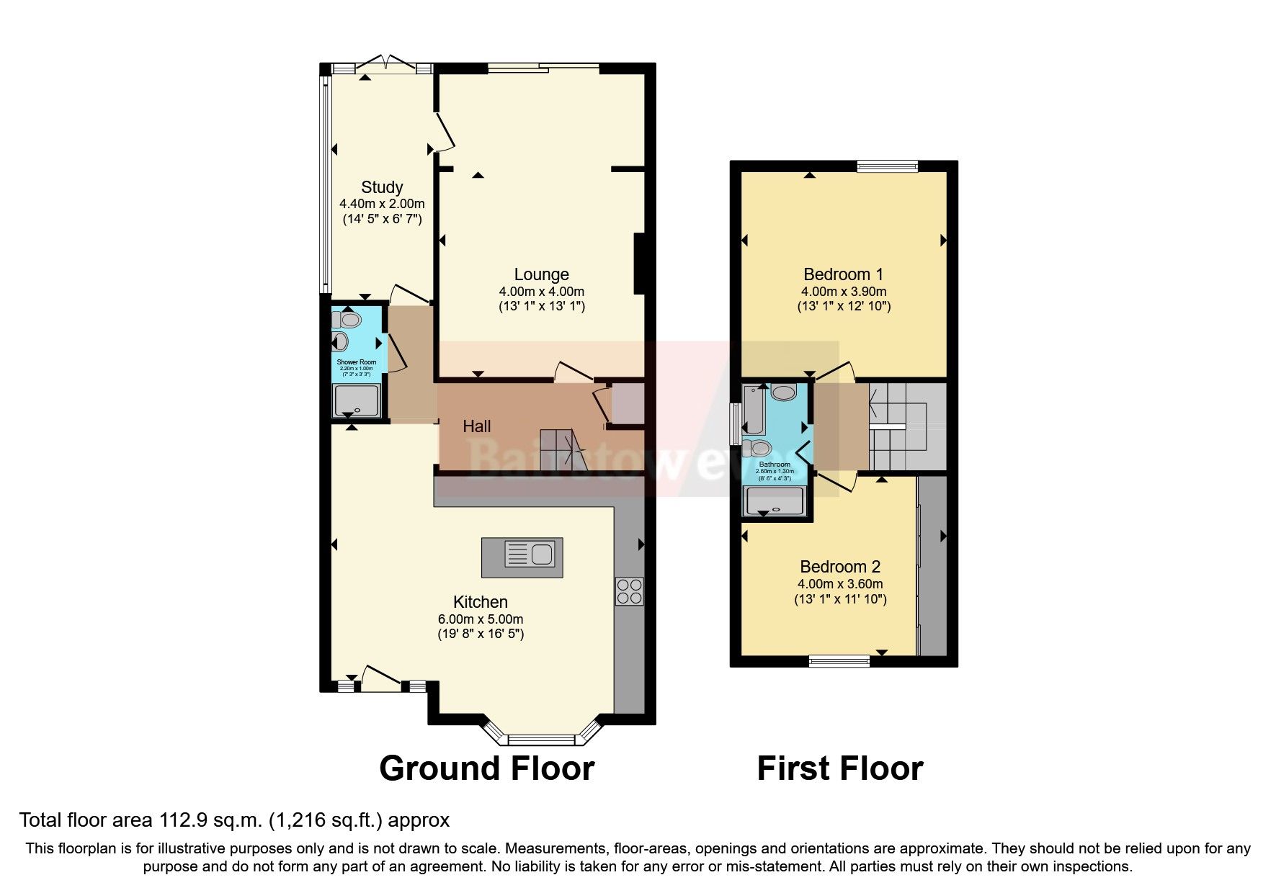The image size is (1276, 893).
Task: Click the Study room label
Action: pos(381,187)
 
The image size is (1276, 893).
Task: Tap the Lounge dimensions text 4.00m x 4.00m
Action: pos(541,292)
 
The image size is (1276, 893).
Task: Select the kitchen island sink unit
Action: pos(522,557)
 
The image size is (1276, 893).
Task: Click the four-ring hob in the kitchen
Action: pos(629,591)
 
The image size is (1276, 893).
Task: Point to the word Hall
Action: pos(476,426)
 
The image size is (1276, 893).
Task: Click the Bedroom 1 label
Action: pos(843,274)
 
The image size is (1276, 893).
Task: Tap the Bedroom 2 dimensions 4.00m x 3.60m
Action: pos(839,584)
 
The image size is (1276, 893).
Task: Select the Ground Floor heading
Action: pos(486,768)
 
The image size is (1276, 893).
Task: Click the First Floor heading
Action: pos(839,768)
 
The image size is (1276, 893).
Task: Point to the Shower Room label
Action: pos(357,362)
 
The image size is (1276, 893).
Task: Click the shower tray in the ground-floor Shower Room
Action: pos(356,400)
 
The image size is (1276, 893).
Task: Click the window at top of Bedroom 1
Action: pos(887,166)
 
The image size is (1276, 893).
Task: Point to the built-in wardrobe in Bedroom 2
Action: pos(932,565)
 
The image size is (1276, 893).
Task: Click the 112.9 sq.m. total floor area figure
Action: pos(209,820)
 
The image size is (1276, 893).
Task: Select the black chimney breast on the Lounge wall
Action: pos(638,264)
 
